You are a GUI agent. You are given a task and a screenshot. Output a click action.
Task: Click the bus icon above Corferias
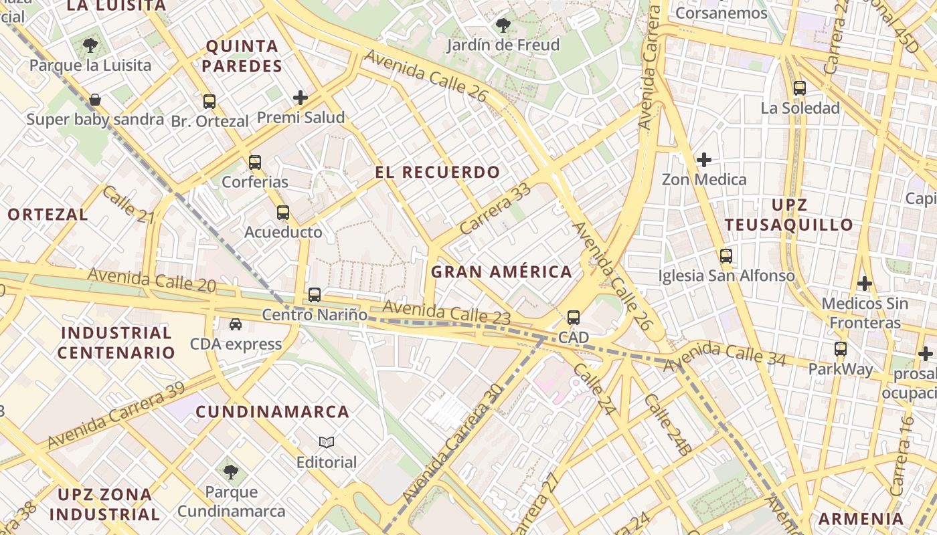(x=255, y=162)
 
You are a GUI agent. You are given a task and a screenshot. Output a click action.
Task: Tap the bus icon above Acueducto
(x=283, y=213)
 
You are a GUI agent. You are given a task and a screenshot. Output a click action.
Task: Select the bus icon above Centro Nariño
(x=315, y=294)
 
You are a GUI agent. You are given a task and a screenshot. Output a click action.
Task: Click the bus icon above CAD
(x=574, y=318)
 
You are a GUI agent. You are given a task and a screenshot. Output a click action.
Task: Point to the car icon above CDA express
(x=236, y=324)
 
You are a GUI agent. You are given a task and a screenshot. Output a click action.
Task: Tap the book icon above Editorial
(x=327, y=442)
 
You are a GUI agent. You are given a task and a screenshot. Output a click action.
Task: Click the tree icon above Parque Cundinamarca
(x=231, y=472)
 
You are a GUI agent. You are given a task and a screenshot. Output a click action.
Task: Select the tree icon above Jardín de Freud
(x=503, y=25)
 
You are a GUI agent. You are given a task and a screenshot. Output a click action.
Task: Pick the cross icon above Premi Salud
(x=301, y=98)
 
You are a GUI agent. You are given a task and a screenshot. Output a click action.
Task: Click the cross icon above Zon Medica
(x=703, y=160)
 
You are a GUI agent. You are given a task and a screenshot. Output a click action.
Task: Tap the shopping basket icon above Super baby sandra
(x=95, y=100)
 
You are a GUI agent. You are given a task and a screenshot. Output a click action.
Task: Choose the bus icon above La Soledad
(x=800, y=88)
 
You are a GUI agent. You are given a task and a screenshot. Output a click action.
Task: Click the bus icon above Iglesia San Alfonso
(x=726, y=255)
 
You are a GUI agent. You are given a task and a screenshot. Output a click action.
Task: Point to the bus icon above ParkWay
(x=841, y=349)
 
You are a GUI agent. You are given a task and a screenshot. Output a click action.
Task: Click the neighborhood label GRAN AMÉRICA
(x=501, y=272)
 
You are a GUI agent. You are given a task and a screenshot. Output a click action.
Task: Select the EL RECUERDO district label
(x=437, y=173)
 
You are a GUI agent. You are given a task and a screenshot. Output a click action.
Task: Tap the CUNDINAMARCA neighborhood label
(x=272, y=412)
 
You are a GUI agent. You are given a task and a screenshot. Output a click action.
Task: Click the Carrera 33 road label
(x=496, y=208)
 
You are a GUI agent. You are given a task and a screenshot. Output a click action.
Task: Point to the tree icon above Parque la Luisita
(x=90, y=45)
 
